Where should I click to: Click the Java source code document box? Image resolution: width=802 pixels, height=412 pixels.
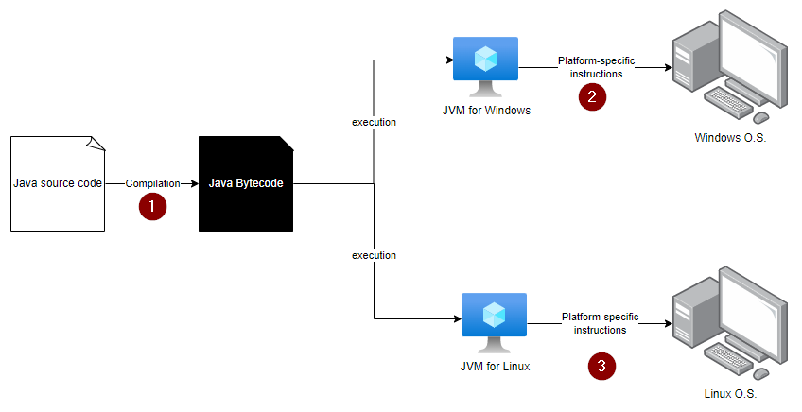pyautogui.click(x=58, y=183)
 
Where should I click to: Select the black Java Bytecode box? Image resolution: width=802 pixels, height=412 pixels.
pyautogui.click(x=246, y=183)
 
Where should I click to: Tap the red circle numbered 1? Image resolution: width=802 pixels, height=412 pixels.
pyautogui.click(x=152, y=207)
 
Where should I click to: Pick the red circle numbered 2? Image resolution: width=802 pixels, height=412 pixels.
pyautogui.click(x=592, y=96)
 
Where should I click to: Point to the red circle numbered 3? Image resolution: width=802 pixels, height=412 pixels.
pyautogui.click(x=601, y=366)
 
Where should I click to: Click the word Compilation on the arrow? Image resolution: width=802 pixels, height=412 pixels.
pyautogui.click(x=152, y=183)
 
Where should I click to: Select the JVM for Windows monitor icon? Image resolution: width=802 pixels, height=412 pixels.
pyautogui.click(x=485, y=66)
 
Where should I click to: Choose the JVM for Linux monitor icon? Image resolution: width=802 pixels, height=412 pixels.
pyautogui.click(x=494, y=322)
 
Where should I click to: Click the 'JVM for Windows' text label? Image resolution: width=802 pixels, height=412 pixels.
pyautogui.click(x=486, y=111)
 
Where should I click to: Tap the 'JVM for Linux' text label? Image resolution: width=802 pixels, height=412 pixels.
pyautogui.click(x=495, y=367)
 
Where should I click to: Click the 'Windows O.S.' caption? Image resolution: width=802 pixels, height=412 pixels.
pyautogui.click(x=730, y=138)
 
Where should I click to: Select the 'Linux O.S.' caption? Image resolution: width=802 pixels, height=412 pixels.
pyautogui.click(x=730, y=394)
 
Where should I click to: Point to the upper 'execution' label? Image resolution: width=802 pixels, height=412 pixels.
pyautogui.click(x=374, y=122)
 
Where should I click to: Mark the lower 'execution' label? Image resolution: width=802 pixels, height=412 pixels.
pyautogui.click(x=374, y=255)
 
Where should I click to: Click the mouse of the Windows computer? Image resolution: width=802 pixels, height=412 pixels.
pyautogui.click(x=760, y=117)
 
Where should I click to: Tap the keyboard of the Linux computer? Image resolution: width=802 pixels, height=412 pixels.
pyautogui.click(x=728, y=357)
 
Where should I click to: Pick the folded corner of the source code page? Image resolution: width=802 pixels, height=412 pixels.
pyautogui.click(x=96, y=144)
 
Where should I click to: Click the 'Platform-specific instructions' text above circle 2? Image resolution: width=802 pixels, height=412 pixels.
pyautogui.click(x=597, y=67)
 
